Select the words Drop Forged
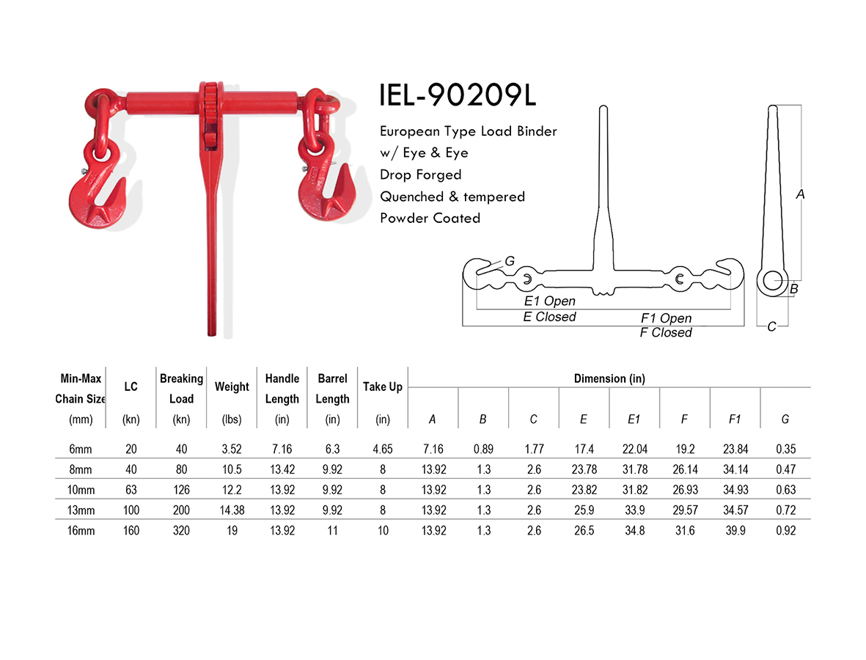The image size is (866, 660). pos(420,175)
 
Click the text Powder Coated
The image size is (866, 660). pos(430,218)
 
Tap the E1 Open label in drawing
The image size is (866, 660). pos(549,301)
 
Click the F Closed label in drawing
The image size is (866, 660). pos(665,333)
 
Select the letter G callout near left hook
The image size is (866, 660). pos(510,262)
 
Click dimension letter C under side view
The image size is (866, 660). pos(771,327)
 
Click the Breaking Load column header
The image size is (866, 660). pos(181,389)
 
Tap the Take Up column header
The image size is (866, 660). pos(382,387)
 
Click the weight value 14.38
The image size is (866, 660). pos(232,510)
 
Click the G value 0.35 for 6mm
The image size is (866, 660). pos(785,450)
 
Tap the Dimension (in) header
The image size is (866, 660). pos(609,378)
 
